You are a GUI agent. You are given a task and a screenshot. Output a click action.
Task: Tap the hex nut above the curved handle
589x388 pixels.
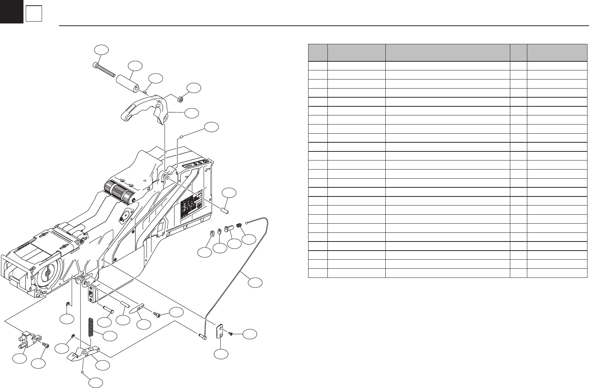[181, 99]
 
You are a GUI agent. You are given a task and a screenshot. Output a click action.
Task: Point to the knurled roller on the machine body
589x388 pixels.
[118, 191]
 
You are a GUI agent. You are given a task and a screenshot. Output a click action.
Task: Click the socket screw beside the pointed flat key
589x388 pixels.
[157, 315]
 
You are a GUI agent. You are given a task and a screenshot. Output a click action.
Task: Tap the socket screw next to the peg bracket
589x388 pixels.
[45, 345]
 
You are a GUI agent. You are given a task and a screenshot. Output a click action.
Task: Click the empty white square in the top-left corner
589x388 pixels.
[33, 15]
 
